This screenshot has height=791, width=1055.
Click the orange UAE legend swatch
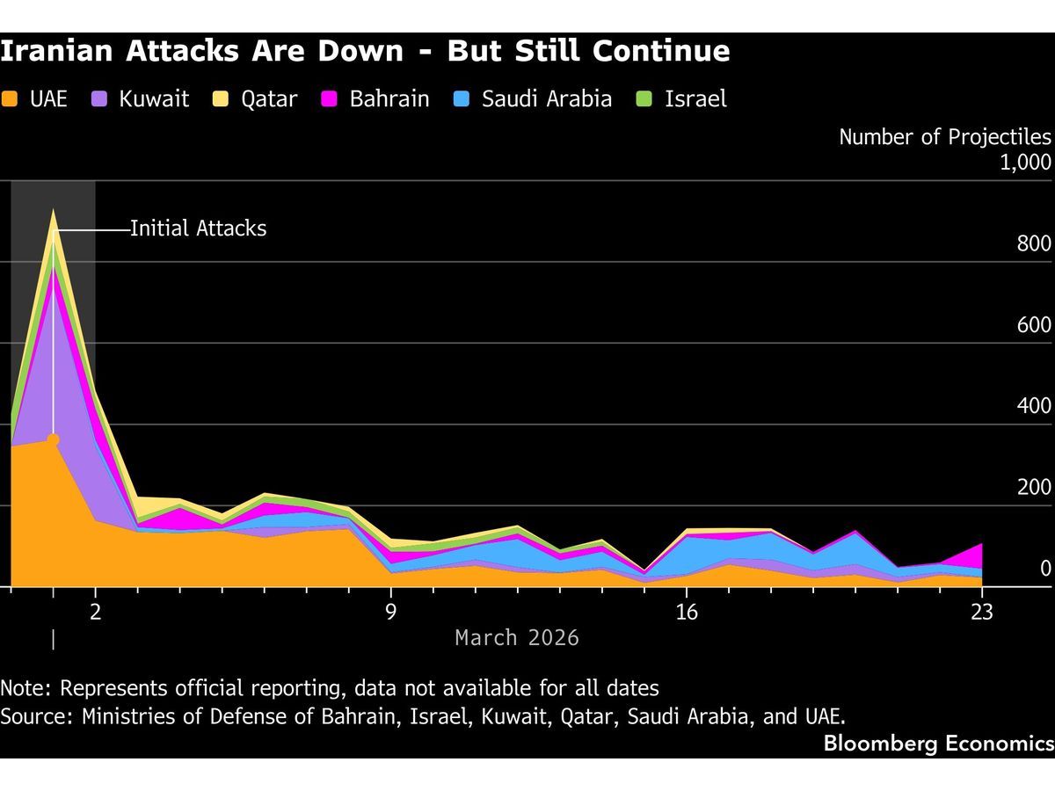(11, 98)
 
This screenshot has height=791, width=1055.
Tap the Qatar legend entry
(269, 98)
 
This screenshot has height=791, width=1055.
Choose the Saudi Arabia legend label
(546, 98)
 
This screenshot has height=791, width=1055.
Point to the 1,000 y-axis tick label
(1026, 162)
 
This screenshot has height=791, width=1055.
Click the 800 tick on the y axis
(1034, 243)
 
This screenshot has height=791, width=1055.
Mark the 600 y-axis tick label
(1034, 324)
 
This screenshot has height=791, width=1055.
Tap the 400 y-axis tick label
(1034, 405)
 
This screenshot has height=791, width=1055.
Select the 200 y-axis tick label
(1034, 487)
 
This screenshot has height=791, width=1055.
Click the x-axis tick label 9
(391, 612)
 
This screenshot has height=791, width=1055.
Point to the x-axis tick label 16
(687, 612)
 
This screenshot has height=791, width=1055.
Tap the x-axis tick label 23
(982, 612)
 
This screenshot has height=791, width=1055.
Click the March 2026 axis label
(517, 637)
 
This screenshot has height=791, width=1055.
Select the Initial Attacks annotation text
(198, 229)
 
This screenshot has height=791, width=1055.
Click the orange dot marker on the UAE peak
(54, 439)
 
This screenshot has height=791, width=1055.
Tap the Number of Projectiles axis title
(944, 137)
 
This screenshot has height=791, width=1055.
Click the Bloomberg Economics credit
(938, 744)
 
